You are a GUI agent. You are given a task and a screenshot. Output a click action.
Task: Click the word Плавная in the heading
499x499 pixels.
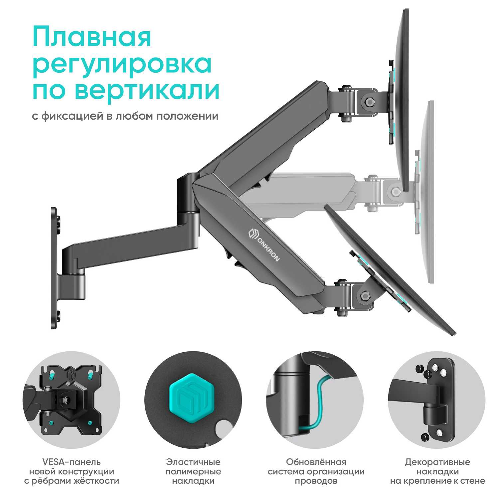pyautogui.click(x=92, y=37)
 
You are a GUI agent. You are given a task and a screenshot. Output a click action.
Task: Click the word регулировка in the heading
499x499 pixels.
pyautogui.click(x=122, y=64)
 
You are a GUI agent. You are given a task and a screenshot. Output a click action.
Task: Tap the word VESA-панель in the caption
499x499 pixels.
pyautogui.click(x=72, y=462)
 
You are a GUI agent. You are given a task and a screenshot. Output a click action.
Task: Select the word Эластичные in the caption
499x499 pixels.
pyautogui.click(x=193, y=462)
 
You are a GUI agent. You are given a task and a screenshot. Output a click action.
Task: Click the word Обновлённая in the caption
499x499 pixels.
pyautogui.click(x=316, y=462)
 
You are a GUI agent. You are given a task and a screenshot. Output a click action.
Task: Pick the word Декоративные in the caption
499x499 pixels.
pyautogui.click(x=437, y=462)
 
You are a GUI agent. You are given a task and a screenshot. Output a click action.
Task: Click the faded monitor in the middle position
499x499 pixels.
pyautogui.click(x=427, y=193)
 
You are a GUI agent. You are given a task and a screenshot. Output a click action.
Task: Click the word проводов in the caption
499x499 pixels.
pyautogui.click(x=316, y=481)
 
